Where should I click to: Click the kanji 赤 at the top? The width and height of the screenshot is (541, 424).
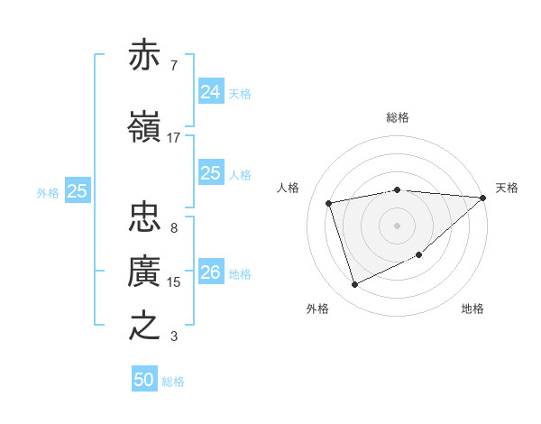pyautogui.click(x=145, y=56)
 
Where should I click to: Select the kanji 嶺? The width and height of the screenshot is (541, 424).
pyautogui.click(x=145, y=127)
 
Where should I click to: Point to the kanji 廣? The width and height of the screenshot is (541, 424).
pyautogui.click(x=145, y=272)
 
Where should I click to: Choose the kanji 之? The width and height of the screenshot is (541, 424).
pyautogui.click(x=145, y=326)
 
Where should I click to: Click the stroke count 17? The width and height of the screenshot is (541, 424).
pyautogui.click(x=174, y=138)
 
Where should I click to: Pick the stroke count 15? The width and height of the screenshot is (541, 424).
pyautogui.click(x=174, y=282)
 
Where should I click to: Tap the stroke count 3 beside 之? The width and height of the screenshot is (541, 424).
pyautogui.click(x=174, y=336)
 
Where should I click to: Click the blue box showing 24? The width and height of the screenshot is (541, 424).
pyautogui.click(x=210, y=91)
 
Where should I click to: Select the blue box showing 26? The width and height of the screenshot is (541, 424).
pyautogui.click(x=210, y=272)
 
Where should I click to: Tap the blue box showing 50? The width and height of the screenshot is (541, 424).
pyautogui.click(x=144, y=380)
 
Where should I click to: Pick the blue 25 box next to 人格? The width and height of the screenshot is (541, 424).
pyautogui.click(x=210, y=173)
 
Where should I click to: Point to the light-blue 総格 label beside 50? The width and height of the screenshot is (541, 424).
pyautogui.click(x=173, y=382)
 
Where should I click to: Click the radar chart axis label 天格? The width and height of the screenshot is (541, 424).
pyautogui.click(x=507, y=188)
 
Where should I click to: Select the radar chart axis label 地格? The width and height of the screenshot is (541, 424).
pyautogui.click(x=472, y=309)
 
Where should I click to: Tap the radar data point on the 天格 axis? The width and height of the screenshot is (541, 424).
pyautogui.click(x=482, y=198)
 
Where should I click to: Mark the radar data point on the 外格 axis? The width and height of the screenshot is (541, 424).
pyautogui.click(x=354, y=285)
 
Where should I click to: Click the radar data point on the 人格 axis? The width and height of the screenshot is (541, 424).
pyautogui.click(x=330, y=202)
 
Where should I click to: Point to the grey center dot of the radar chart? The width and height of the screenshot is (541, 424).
pyautogui.click(x=397, y=225)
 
